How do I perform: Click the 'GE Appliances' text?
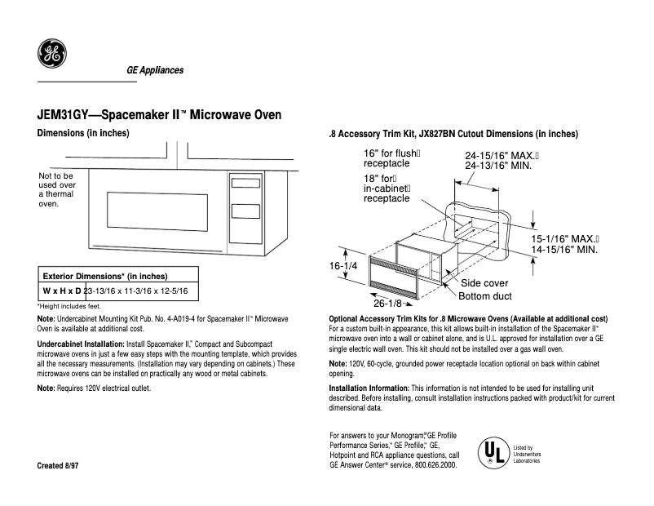(155, 70)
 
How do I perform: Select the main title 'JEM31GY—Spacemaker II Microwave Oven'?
(160, 115)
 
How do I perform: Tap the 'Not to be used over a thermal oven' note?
(56, 189)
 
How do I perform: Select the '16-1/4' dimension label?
(343, 267)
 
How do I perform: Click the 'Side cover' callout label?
(484, 283)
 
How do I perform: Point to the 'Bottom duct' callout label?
(485, 296)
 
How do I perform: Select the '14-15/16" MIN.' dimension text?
(564, 250)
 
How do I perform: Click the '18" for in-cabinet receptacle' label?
(387, 188)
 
